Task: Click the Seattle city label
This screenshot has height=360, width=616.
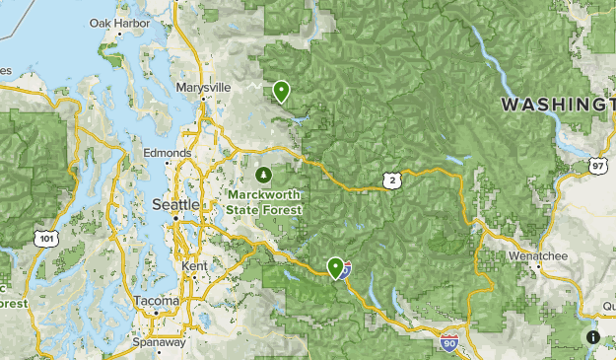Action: [176, 204]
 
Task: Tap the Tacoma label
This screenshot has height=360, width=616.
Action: [157, 301]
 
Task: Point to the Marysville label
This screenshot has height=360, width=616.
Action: [202, 88]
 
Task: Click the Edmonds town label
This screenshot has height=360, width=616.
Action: [167, 153]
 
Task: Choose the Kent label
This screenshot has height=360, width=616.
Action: [193, 267]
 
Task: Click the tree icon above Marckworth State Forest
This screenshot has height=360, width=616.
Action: [263, 175]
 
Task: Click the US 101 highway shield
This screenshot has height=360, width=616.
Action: [45, 239]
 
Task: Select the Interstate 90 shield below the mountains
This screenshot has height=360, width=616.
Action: [448, 342]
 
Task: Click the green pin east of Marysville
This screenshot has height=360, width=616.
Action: [282, 92]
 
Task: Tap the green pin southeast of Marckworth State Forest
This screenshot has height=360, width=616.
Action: [336, 266]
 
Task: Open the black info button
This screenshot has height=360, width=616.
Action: [593, 336]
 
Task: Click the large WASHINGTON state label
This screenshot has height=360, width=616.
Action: [558, 104]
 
